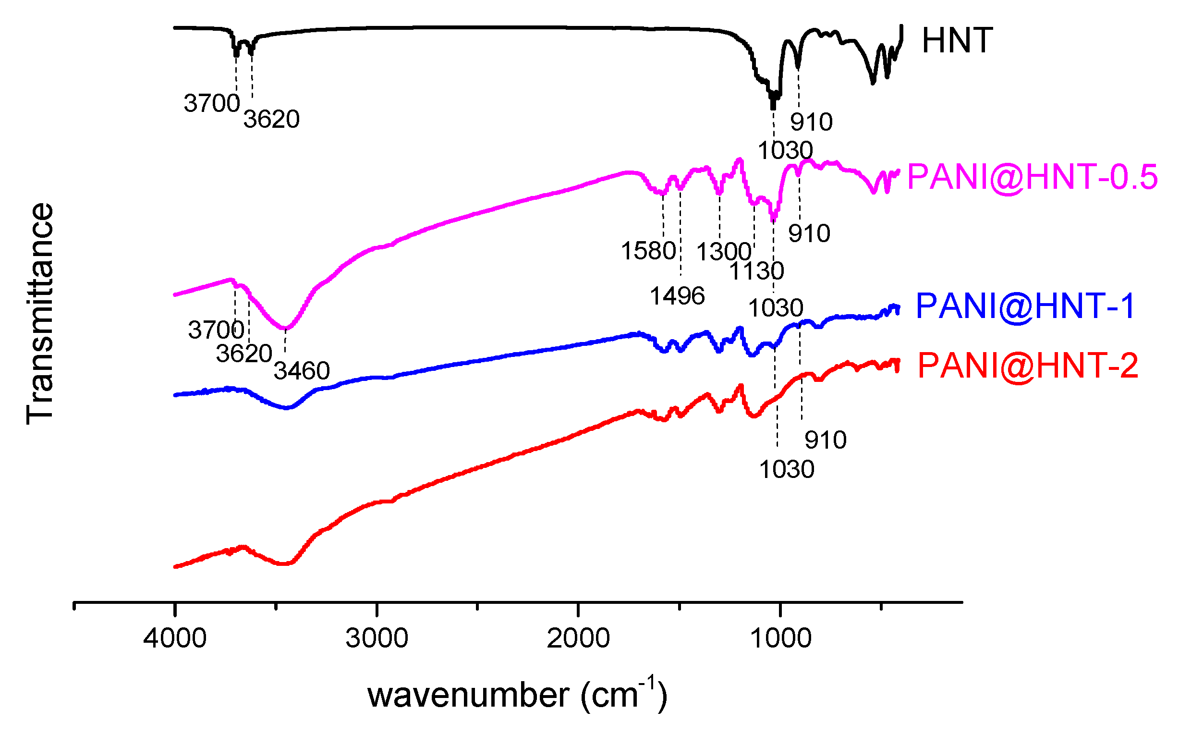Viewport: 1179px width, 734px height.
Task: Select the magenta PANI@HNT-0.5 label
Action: pos(1032,177)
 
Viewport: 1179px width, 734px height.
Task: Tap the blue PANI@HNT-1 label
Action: pos(1025,306)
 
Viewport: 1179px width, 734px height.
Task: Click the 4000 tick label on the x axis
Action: pos(175,638)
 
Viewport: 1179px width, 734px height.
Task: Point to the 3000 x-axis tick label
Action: pos(377,638)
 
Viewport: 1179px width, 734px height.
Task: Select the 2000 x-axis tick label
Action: pos(578,638)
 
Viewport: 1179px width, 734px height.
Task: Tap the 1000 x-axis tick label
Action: pos(780,638)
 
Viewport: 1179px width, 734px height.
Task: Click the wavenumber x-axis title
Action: pos(517,695)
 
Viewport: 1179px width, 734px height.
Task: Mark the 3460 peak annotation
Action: pos(301,371)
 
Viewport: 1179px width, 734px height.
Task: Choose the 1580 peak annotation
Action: pos(648,251)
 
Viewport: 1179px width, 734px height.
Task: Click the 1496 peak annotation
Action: pos(677,296)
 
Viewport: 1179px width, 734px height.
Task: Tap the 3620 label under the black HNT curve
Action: pos(271,120)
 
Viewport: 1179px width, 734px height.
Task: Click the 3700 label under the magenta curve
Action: pos(216,330)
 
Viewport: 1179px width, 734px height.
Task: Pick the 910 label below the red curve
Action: pos(825,440)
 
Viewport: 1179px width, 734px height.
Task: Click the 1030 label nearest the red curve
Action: pos(787,470)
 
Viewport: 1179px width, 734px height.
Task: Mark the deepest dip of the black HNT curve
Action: pos(773,103)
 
